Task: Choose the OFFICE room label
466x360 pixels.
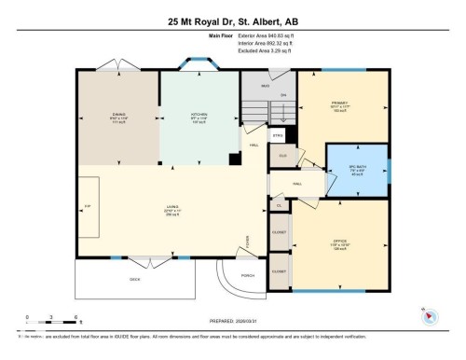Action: pyautogui.click(x=340, y=243)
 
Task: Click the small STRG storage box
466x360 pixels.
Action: pyautogui.click(x=278, y=136)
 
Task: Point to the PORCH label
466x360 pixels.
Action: pyautogui.click(x=248, y=275)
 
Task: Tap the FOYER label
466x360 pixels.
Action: pyautogui.click(x=248, y=244)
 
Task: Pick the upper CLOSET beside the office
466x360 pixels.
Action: pyautogui.click(x=279, y=230)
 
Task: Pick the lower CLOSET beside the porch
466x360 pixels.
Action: pyautogui.click(x=279, y=270)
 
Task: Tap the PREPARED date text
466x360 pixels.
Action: pyautogui.click(x=232, y=316)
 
